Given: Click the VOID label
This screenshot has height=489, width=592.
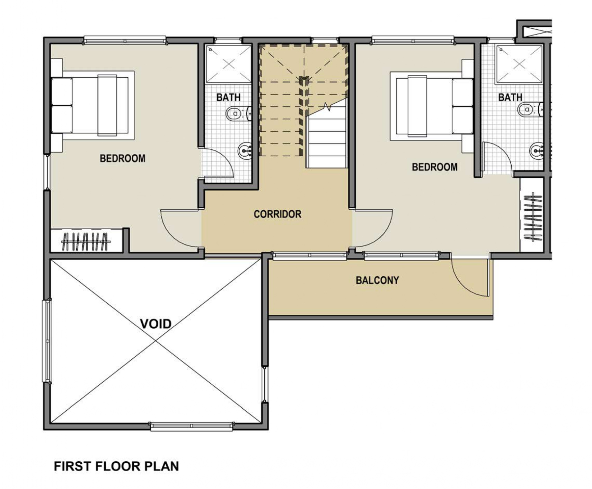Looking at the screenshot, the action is pyautogui.click(x=156, y=324).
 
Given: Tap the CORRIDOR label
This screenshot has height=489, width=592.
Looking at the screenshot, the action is pyautogui.click(x=277, y=214).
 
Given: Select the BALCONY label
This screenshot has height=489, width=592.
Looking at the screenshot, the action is pyautogui.click(x=377, y=280).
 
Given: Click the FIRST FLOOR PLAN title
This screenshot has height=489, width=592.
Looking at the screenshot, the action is pyautogui.click(x=116, y=466).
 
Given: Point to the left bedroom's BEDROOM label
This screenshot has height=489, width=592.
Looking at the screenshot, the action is pyautogui.click(x=123, y=158).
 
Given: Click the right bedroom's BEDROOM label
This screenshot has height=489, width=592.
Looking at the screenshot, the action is pyautogui.click(x=435, y=167).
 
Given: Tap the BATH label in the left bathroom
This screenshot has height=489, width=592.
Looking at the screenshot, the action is pyautogui.click(x=228, y=97).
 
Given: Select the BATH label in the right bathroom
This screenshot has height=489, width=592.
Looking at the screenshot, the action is pyautogui.click(x=510, y=97).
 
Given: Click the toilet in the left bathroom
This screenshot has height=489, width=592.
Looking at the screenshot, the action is pyautogui.click(x=238, y=113).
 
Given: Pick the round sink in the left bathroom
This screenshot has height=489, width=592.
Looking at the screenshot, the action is pyautogui.click(x=245, y=151).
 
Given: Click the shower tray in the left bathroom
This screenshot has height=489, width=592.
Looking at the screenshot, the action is pyautogui.click(x=229, y=64).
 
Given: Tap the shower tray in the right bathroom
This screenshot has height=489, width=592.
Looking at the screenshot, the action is pyautogui.click(x=519, y=64).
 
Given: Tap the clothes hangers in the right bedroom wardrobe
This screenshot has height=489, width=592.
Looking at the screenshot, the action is pyautogui.click(x=532, y=218).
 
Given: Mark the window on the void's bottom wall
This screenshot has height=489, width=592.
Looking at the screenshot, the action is pyautogui.click(x=192, y=427).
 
